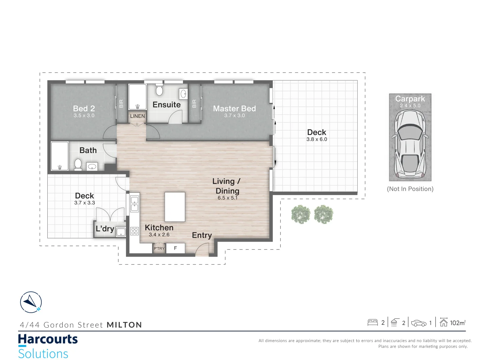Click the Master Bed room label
[234, 109]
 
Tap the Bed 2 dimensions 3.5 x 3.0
[84, 116]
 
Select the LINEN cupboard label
[137, 116]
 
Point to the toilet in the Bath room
[78, 164]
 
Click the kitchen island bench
[175, 207]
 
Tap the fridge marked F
[175, 248]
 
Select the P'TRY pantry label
[159, 248]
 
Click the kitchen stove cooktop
[134, 231]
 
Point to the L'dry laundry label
[105, 229]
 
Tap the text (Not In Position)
[410, 189]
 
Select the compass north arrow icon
[31, 302]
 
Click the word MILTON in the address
[124, 325]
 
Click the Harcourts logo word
[48, 339]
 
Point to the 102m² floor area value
[458, 323]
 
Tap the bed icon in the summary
[372, 322]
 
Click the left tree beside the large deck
[301, 214]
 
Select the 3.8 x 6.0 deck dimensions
[317, 139]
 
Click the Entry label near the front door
[202, 235]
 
